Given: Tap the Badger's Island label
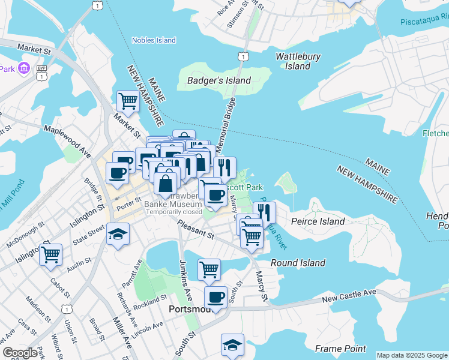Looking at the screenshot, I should point(218,80).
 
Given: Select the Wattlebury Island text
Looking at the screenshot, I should point(298,61).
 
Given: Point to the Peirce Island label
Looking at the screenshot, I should point(318,221).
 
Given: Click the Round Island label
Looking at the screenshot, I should point(298,263).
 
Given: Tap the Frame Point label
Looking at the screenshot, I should point(340,349).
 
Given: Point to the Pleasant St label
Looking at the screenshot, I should point(195,229).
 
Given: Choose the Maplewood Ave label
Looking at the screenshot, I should point(67,137).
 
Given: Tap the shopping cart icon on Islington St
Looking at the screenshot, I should point(51,254).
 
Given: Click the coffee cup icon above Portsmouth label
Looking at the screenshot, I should point(215,297).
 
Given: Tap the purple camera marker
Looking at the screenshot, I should point(24,67).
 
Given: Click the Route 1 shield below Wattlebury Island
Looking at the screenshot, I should point(242,56).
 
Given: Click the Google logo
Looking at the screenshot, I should point(20,353).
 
